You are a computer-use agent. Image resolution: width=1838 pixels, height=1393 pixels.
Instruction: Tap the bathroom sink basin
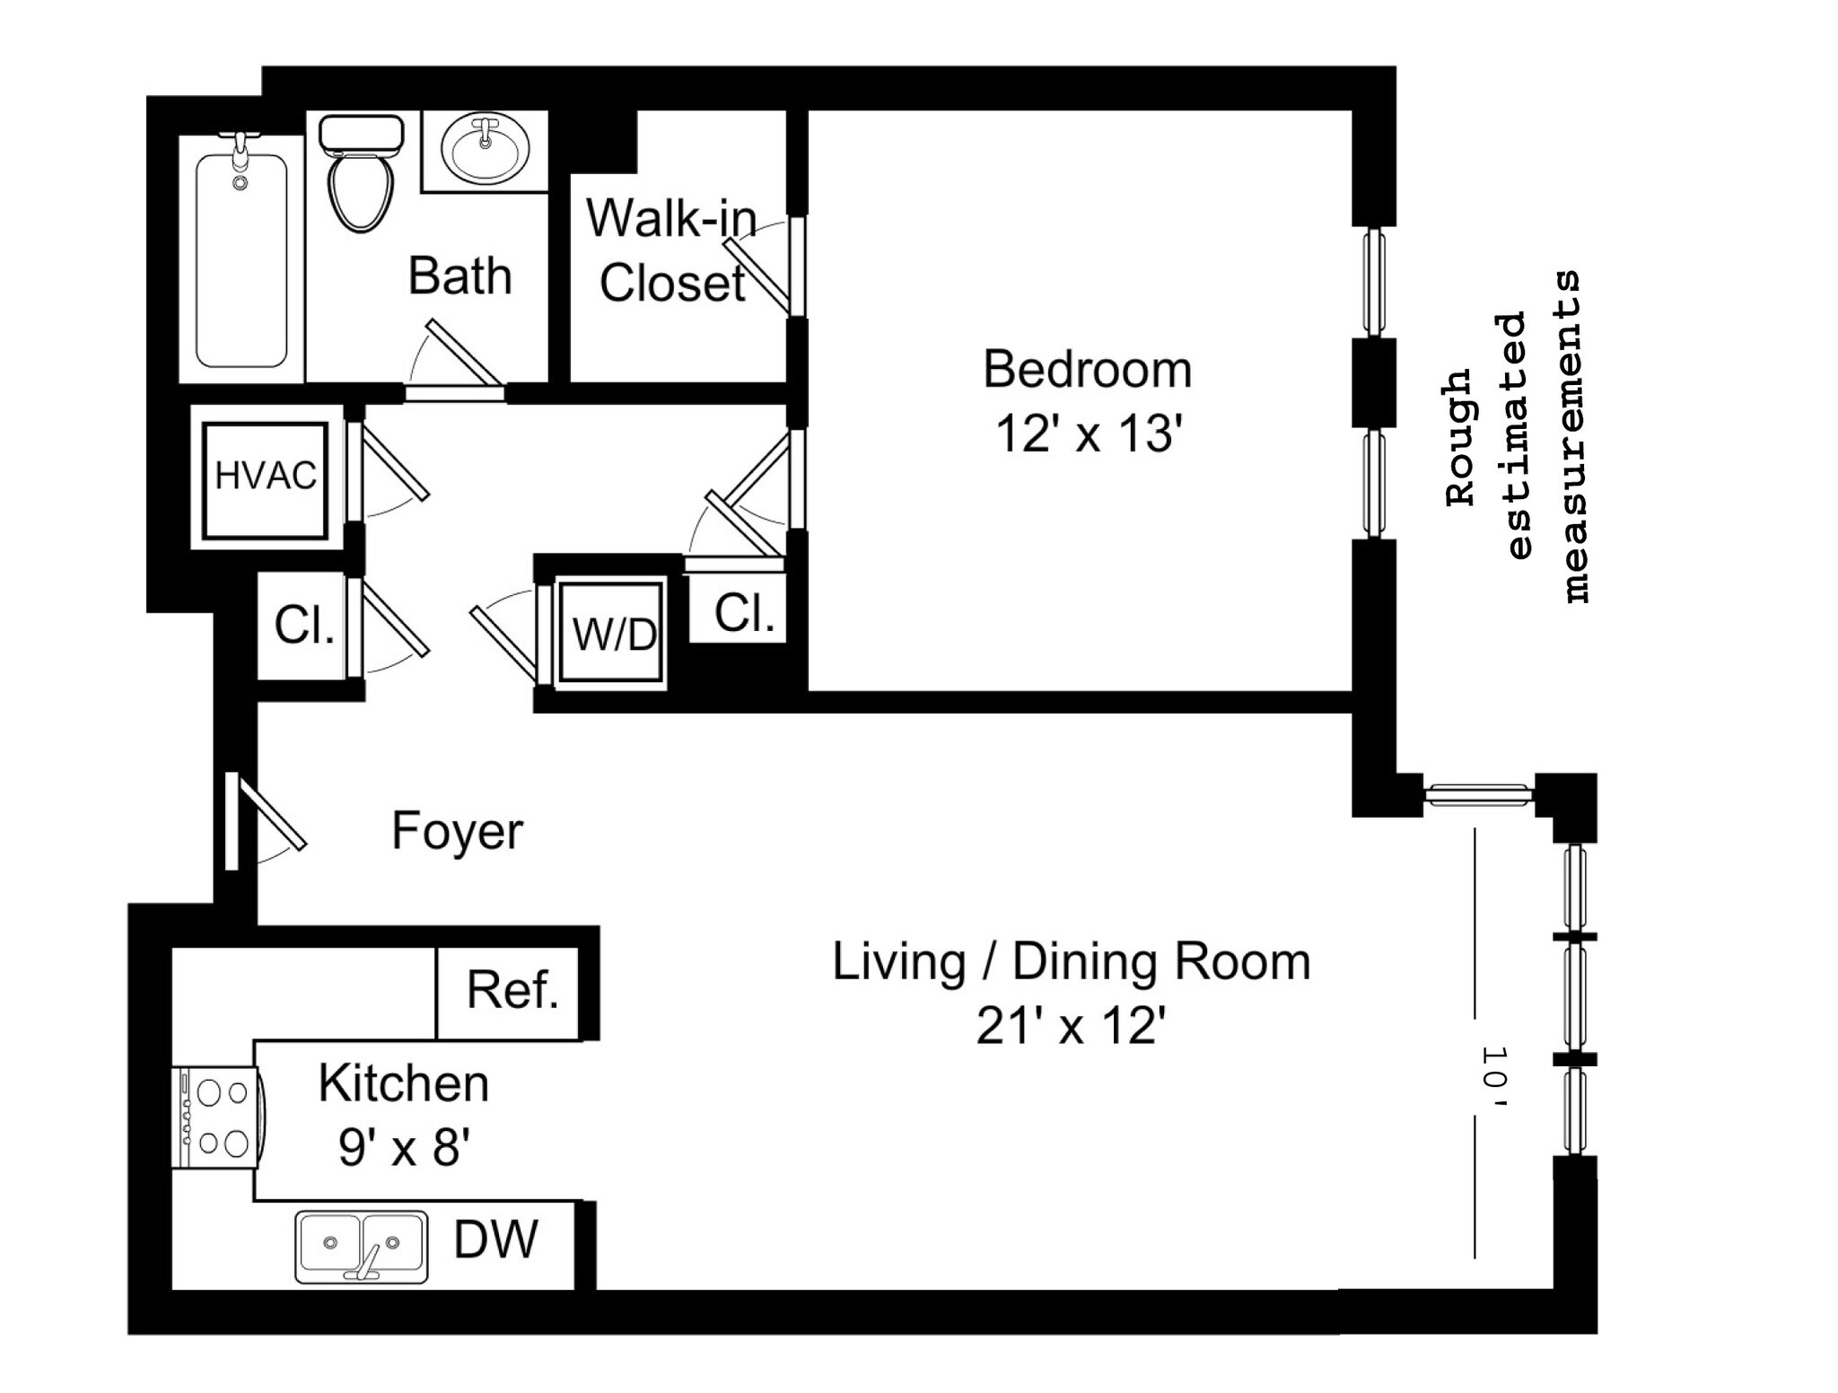[x=485, y=149]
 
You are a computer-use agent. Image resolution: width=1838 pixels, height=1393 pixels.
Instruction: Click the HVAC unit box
[x=266, y=476]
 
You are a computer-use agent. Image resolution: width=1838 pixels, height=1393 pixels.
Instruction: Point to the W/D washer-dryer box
[x=614, y=634]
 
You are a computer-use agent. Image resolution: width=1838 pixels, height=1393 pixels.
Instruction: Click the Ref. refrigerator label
[x=513, y=989]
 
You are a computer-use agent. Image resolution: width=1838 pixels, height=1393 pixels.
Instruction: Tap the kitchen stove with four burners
[x=218, y=1117]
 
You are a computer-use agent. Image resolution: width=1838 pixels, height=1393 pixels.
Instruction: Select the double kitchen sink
[x=362, y=1247]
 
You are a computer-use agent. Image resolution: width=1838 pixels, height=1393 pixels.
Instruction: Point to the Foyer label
[x=458, y=831]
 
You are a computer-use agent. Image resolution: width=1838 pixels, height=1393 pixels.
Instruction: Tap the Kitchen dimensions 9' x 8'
[x=405, y=1146]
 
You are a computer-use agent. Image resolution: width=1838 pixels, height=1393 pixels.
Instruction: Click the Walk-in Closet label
[x=671, y=250]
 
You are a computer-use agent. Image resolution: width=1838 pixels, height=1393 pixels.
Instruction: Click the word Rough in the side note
[x=1460, y=437]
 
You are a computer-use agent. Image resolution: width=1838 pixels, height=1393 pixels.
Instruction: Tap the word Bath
[x=460, y=276]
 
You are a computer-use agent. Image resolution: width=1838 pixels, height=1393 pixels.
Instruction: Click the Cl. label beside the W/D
[x=745, y=613]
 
